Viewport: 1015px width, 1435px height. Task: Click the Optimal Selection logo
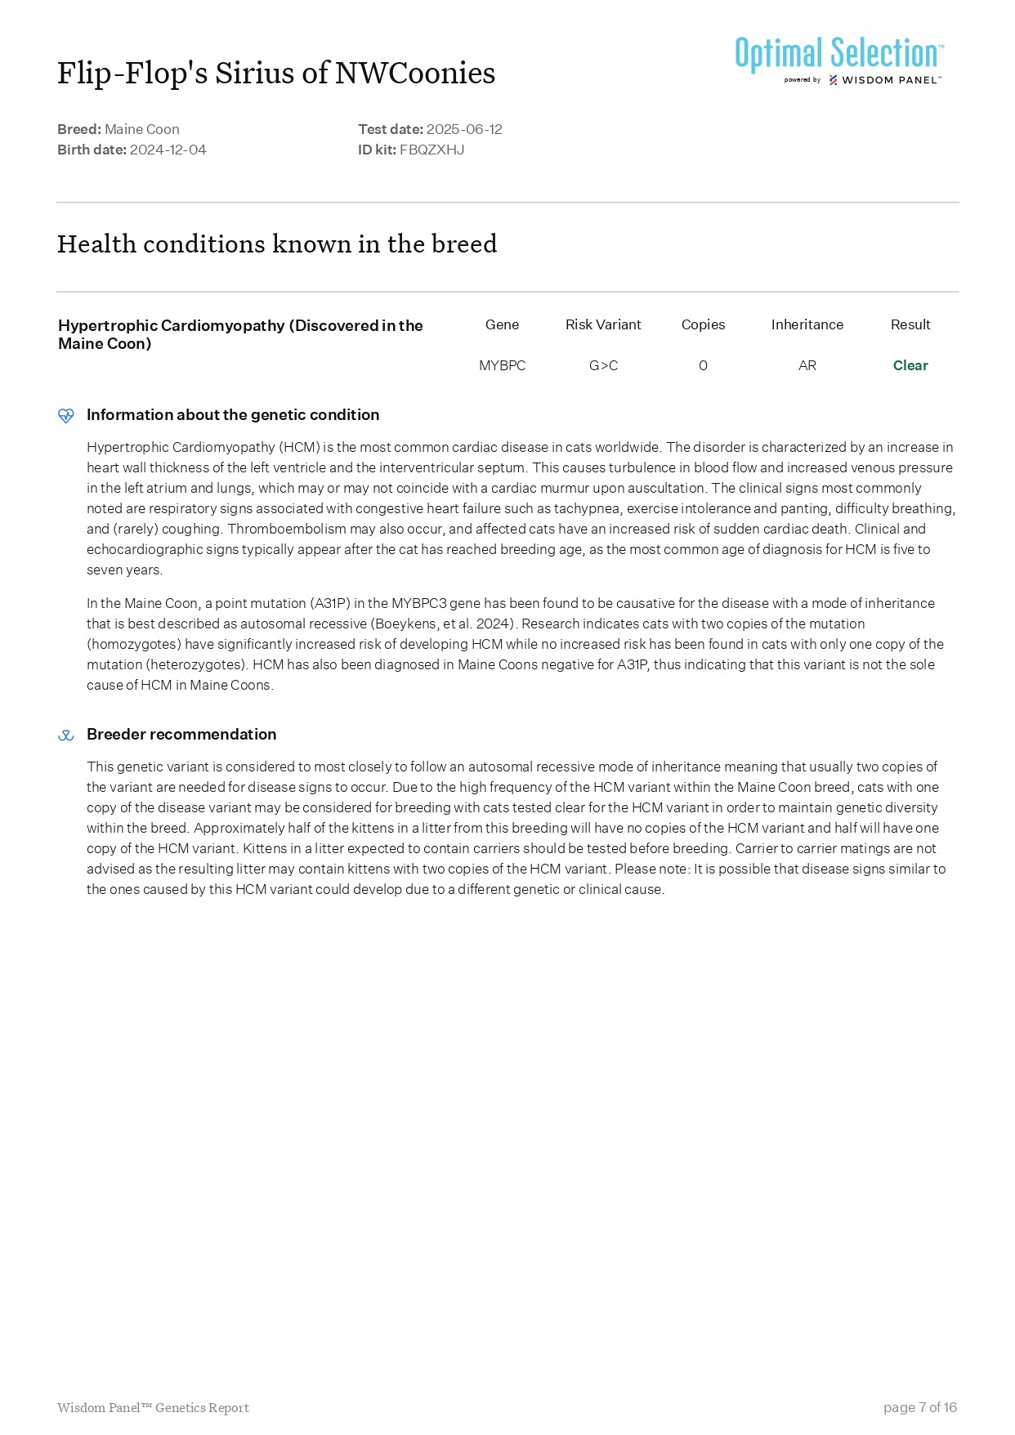click(839, 59)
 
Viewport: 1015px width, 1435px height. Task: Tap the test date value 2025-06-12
click(464, 129)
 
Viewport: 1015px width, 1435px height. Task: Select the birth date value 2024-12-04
click(168, 150)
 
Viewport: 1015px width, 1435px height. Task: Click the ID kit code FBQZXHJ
click(431, 150)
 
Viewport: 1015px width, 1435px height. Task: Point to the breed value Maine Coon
click(141, 129)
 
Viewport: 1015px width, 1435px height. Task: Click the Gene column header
click(502, 324)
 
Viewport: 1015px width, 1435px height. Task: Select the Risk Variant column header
click(603, 324)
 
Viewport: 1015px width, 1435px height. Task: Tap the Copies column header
click(703, 324)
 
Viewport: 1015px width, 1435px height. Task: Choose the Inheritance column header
click(807, 324)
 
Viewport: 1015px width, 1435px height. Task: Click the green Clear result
click(910, 365)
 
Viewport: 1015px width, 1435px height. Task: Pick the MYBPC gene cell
click(502, 365)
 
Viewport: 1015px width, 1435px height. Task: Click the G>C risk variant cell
click(603, 365)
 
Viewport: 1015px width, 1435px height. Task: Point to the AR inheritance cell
click(807, 365)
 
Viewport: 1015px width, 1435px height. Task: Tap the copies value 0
click(703, 365)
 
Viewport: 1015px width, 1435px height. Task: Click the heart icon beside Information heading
click(66, 415)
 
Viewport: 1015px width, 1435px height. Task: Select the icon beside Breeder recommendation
click(66, 735)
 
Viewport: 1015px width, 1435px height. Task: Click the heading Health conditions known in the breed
click(277, 244)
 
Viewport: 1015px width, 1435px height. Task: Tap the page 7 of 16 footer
click(919, 1407)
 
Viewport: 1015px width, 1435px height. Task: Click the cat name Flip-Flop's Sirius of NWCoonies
click(276, 73)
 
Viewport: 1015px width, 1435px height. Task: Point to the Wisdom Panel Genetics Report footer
click(153, 1407)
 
